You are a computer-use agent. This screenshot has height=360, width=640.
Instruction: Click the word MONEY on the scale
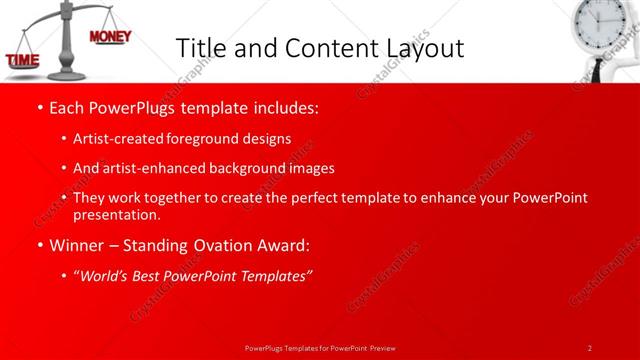pyautogui.click(x=110, y=37)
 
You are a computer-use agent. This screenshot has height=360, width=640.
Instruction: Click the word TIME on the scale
pyautogui.click(x=23, y=61)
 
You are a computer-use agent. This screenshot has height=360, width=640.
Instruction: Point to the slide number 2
pyautogui.click(x=589, y=347)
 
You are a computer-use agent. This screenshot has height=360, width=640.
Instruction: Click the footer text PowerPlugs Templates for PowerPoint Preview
pyautogui.click(x=320, y=347)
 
